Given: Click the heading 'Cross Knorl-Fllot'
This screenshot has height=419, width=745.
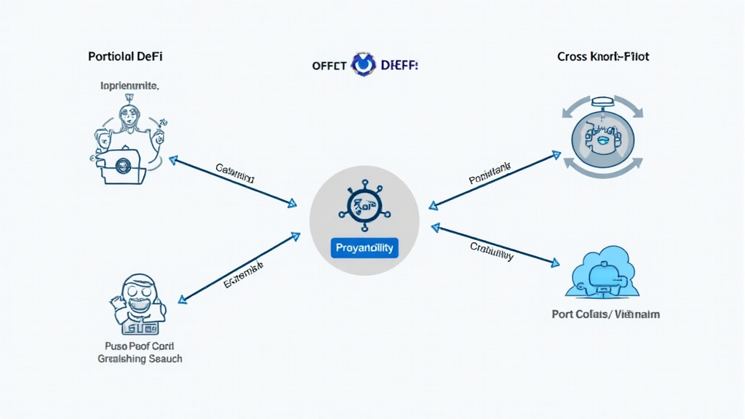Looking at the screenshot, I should [603, 56].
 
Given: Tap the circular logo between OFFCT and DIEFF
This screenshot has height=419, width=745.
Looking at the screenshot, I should [362, 65].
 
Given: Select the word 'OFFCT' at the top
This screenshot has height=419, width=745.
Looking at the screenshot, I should [330, 65].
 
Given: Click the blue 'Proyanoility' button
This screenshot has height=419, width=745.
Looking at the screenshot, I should [364, 247].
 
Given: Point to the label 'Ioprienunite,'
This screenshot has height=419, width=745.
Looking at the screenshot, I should [130, 86].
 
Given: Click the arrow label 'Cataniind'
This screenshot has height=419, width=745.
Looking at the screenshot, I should [235, 173].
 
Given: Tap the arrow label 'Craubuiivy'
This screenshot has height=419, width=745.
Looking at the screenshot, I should [492, 251].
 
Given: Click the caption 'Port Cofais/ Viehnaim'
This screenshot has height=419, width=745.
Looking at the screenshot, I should [606, 315].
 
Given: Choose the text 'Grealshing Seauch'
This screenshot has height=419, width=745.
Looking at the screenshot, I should [140, 359].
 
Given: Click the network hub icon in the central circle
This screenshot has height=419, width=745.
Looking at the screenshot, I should [364, 207].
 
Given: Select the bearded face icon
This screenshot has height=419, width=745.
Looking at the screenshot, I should [138, 300].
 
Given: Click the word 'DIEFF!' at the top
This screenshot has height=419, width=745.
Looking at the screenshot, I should [399, 65].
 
